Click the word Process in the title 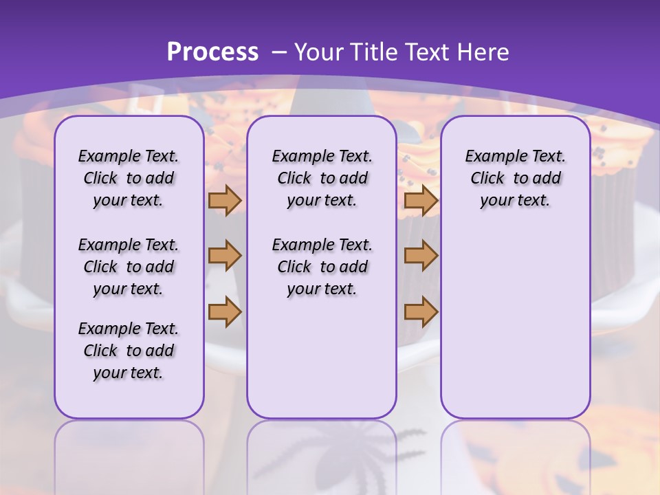point(212,52)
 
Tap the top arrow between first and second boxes point(225,200)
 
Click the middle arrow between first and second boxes point(225,256)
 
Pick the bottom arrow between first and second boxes point(225,311)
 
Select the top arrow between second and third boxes point(421,200)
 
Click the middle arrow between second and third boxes point(421,256)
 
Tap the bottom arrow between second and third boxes point(421,311)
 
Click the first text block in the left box point(129,178)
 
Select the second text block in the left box point(129,267)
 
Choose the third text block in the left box point(129,351)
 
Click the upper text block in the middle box point(322,178)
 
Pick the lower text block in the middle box point(322,267)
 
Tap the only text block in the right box point(515,178)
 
